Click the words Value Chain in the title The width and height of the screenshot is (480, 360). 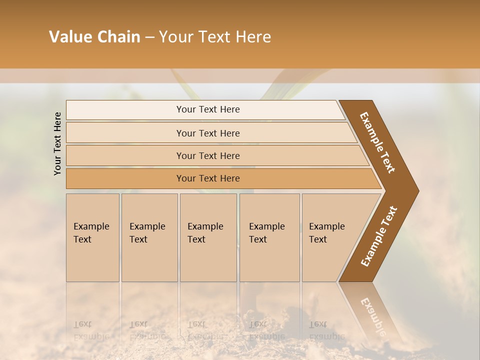(94, 37)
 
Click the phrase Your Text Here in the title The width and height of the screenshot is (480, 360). (215, 37)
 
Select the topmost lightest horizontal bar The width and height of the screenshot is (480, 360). (125, 110)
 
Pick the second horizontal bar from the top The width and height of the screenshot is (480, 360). (125, 133)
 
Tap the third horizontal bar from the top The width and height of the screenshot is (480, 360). (125, 155)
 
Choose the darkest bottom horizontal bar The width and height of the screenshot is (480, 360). (125, 178)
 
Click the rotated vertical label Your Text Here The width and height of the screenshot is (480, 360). (57, 143)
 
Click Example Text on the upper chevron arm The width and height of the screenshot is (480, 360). (377, 142)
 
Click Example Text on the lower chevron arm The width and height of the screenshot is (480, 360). (379, 236)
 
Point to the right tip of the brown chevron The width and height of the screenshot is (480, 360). (417, 190)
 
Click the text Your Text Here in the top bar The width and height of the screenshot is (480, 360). (208, 109)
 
